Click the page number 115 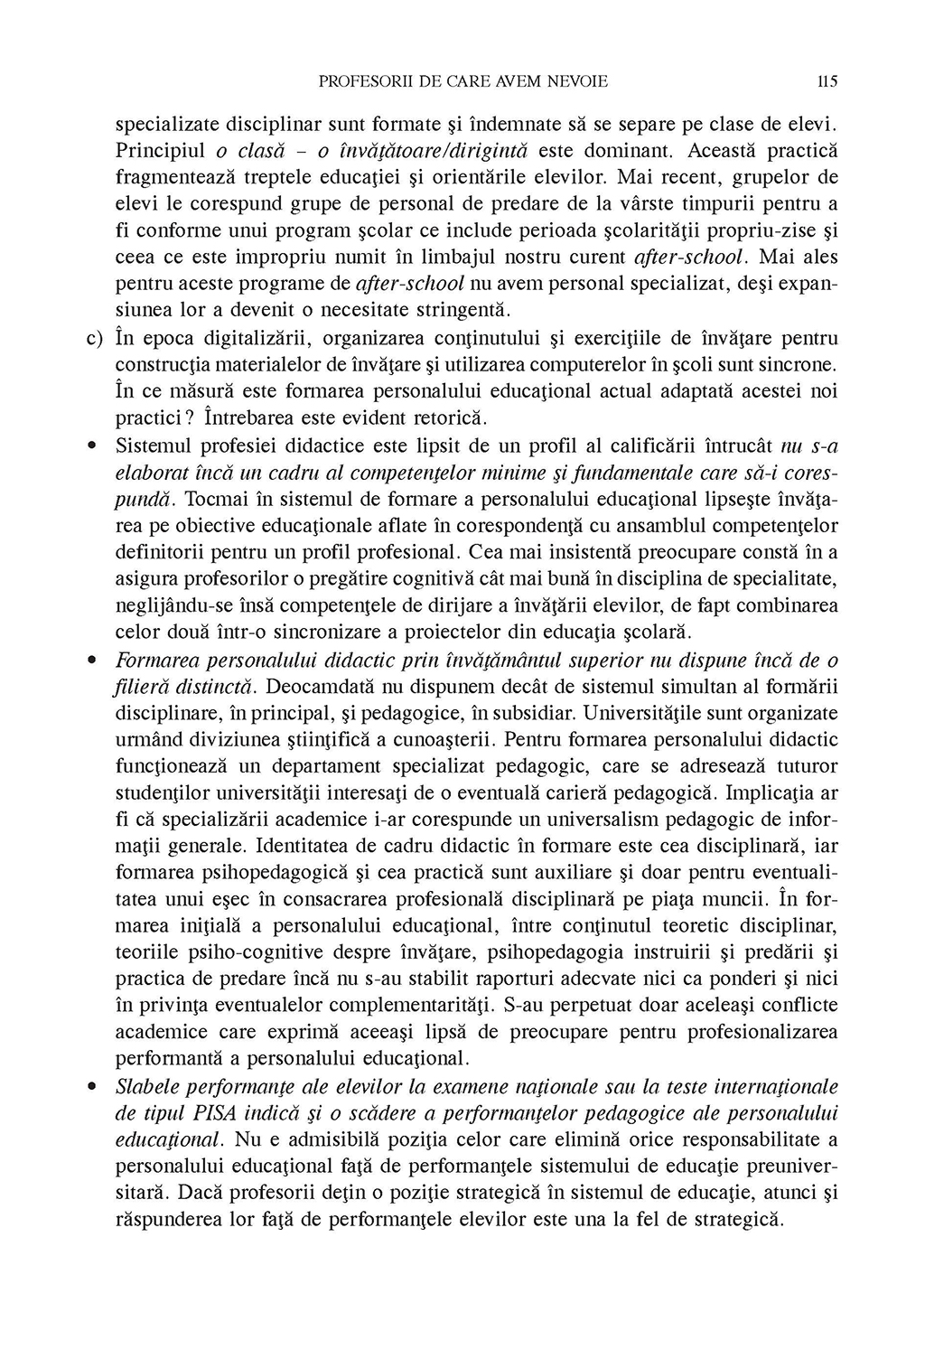(827, 81)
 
